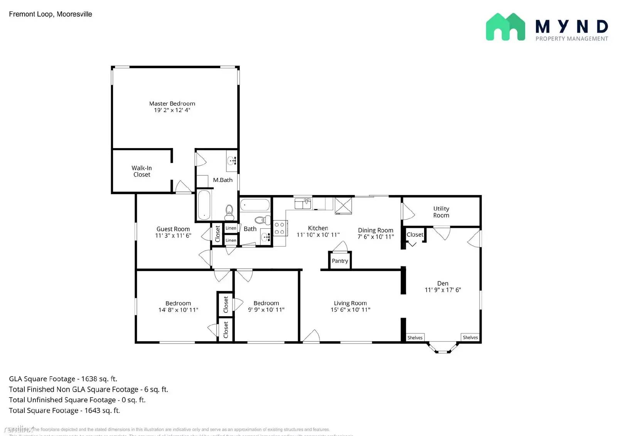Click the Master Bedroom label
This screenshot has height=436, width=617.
pos(172,103)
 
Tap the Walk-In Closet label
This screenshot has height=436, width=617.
pos(142,171)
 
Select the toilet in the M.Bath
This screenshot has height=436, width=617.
pos(229,212)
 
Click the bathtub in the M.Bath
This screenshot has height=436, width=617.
pos(204,205)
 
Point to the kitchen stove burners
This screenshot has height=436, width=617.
pos(280,228)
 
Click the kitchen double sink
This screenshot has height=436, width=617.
pos(303,203)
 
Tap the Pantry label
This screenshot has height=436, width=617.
pos(340,261)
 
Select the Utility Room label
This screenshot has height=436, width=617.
pos(441,212)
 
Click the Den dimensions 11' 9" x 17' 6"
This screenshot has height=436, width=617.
pos(443,290)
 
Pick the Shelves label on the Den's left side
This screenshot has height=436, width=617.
pos(415,338)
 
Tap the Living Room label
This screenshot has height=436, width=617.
pos(350,303)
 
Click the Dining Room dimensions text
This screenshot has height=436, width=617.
pos(376,237)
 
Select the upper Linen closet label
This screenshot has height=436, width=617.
pos(231,228)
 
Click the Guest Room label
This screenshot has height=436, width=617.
pos(173,229)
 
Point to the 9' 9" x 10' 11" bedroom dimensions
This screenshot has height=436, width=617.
pos(266,310)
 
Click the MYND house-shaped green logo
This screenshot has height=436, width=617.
pos(505,27)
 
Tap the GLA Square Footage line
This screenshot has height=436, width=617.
pos(63,379)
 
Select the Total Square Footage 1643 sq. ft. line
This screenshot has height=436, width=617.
pos(64,410)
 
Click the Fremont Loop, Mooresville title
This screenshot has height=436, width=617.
pos(51,14)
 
